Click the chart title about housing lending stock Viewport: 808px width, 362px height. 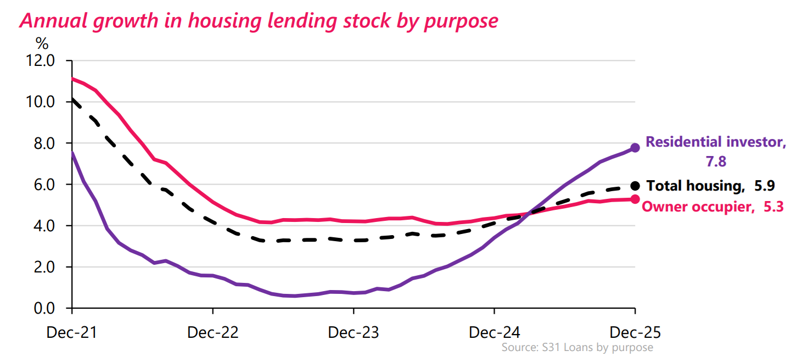(x=259, y=20)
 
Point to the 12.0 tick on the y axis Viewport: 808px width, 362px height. (x=41, y=60)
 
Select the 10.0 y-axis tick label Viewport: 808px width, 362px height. (x=41, y=102)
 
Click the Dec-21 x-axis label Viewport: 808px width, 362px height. (x=72, y=333)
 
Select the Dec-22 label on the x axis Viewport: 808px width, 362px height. (x=212, y=333)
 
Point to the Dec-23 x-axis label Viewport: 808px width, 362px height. (x=353, y=333)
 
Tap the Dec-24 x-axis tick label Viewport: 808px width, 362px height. (x=494, y=333)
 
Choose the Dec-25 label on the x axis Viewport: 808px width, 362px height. (x=635, y=333)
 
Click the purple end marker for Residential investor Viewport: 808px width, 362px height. (x=635, y=148)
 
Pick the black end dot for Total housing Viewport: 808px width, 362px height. (x=635, y=186)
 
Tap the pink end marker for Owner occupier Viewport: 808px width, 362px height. (x=635, y=199)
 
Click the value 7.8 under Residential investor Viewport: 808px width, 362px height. (x=716, y=161)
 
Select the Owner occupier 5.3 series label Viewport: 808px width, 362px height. (x=712, y=207)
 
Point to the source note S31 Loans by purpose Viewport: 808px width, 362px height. (x=577, y=348)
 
